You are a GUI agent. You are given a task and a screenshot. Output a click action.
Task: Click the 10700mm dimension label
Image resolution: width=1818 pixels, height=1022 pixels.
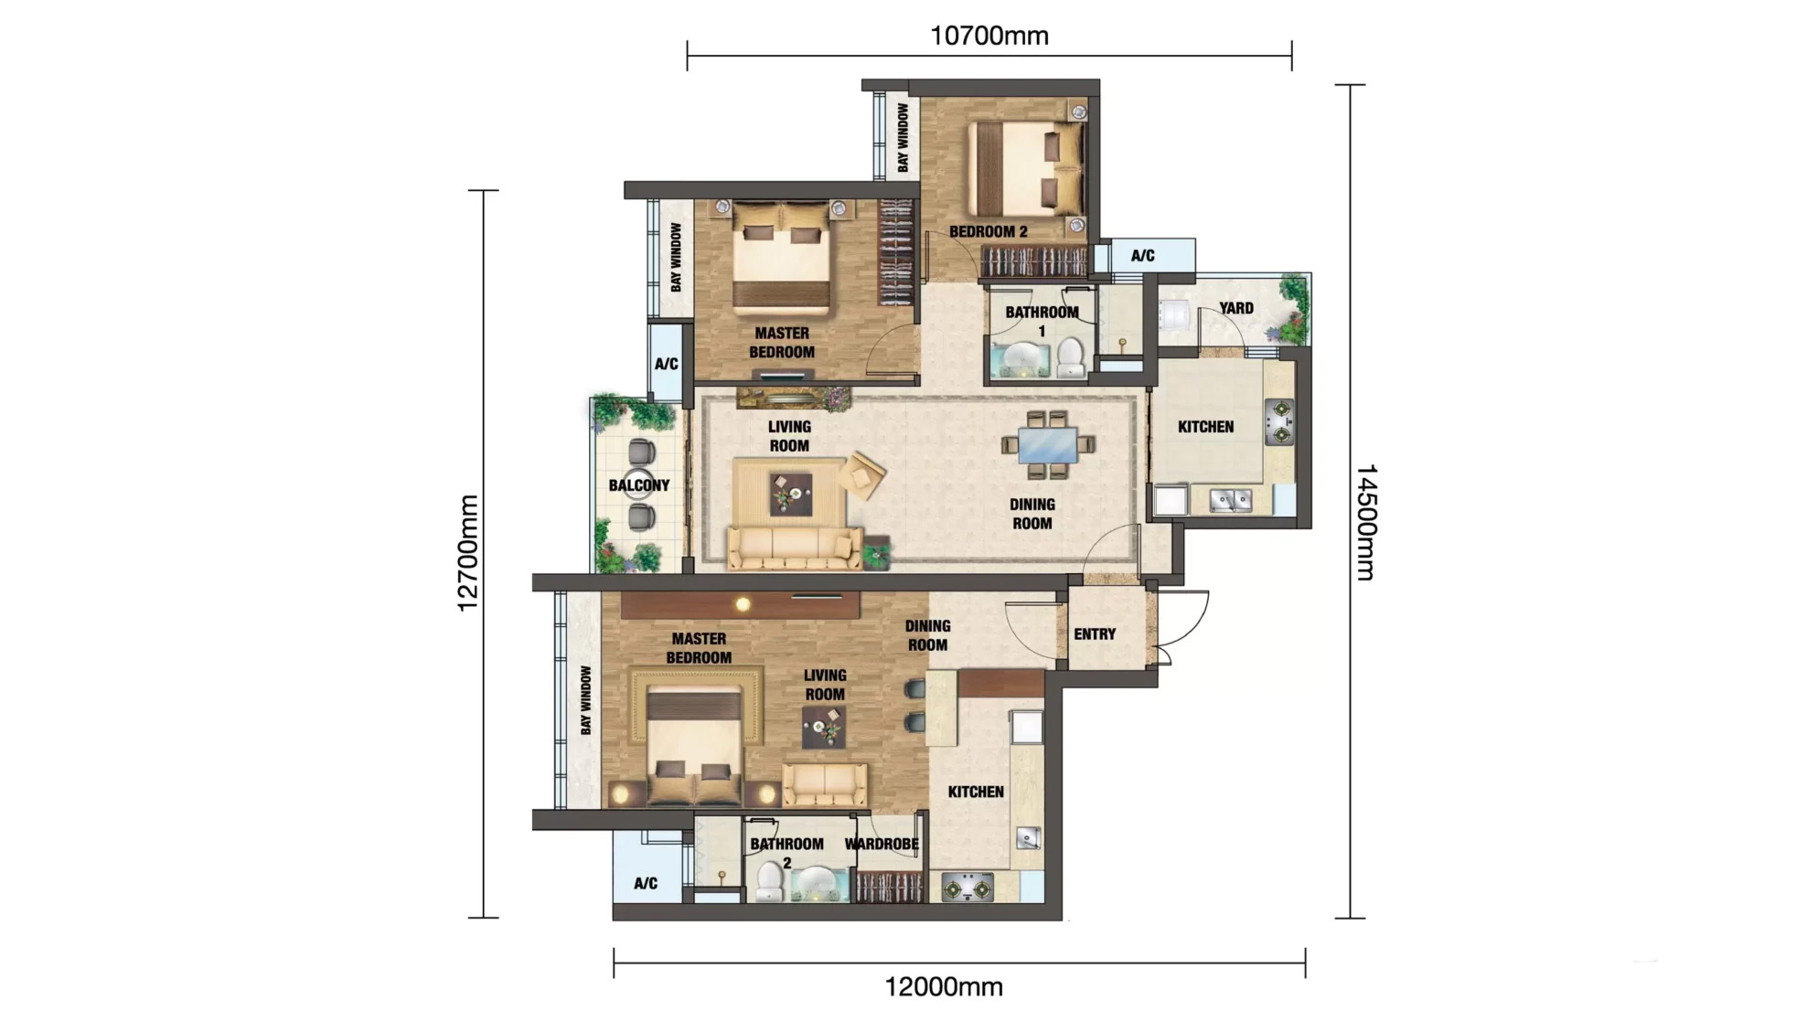[x=989, y=37]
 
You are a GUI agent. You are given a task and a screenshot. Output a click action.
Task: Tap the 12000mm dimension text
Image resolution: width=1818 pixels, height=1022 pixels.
[x=944, y=987]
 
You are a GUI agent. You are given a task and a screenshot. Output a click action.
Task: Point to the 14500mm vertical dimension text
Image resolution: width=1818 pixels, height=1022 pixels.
[x=1364, y=522]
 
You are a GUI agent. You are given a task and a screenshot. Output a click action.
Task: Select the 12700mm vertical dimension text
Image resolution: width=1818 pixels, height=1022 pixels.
[x=467, y=553]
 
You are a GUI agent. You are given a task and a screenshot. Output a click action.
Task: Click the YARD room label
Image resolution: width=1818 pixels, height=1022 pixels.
[x=1235, y=308]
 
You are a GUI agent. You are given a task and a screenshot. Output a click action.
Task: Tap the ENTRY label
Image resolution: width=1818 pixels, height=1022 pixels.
[x=1095, y=633]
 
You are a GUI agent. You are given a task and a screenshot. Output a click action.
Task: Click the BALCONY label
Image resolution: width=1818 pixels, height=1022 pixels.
[x=639, y=485]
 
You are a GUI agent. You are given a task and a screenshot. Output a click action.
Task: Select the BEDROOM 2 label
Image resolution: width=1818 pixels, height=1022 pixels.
[x=988, y=231]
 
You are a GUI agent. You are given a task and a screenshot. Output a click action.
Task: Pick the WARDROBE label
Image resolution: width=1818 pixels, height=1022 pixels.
[x=882, y=844]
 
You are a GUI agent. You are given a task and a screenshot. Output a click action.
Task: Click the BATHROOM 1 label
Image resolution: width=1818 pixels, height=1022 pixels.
[x=1042, y=321]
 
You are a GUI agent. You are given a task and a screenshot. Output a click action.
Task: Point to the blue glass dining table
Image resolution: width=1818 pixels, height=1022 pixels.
[x=1047, y=445]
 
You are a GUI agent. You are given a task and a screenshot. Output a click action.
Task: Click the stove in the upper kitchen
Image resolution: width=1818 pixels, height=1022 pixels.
[x=1278, y=421]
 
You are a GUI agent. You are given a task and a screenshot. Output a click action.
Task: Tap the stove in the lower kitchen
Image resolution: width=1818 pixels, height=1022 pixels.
[x=968, y=888]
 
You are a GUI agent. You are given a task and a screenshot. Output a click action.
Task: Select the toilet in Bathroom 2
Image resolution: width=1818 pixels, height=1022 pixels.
[x=769, y=882]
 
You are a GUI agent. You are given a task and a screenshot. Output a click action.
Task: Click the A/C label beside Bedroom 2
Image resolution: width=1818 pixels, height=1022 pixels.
[x=1142, y=256]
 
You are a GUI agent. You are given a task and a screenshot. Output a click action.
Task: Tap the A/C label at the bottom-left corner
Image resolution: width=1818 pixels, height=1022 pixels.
[x=646, y=883]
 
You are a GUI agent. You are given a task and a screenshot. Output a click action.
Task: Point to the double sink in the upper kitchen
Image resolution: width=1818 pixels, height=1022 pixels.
[x=1230, y=500]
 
